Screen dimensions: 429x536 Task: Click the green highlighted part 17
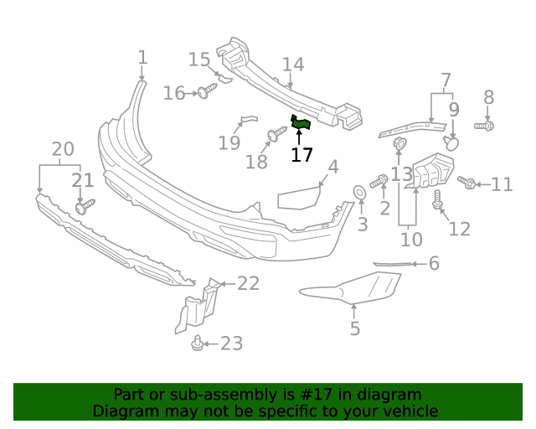(x=300, y=124)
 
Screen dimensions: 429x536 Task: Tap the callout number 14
(x=292, y=65)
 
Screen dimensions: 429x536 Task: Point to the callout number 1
(x=142, y=58)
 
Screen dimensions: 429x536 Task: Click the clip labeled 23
(x=198, y=343)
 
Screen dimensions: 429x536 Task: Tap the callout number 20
(x=63, y=150)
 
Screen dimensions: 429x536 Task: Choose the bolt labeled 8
(x=485, y=125)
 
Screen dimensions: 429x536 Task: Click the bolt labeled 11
(x=467, y=182)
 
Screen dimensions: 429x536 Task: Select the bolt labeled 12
(x=437, y=200)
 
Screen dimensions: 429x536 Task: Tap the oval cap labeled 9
(x=452, y=143)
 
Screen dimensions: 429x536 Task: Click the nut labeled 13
(x=400, y=144)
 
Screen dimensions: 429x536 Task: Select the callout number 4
(x=333, y=168)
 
